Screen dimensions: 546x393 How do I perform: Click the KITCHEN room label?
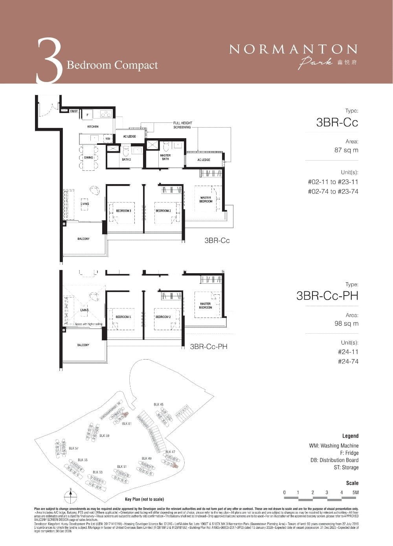93,126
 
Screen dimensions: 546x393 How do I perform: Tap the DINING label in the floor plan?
88,157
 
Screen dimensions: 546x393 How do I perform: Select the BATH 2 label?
126,159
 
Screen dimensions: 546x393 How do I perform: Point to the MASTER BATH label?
165,157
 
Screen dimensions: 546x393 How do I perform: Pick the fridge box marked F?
87,115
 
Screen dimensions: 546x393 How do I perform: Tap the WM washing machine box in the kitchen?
107,139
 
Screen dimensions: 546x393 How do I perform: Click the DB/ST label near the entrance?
73,111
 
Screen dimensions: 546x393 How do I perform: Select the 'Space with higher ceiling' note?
88,324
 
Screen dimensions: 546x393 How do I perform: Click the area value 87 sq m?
346,150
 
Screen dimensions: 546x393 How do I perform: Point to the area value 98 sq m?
346,324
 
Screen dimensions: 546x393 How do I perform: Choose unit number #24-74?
348,362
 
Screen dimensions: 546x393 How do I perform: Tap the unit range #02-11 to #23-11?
333,182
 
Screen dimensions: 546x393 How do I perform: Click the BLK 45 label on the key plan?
158,404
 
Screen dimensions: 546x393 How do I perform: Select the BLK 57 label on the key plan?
73,448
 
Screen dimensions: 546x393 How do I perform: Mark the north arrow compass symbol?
70,496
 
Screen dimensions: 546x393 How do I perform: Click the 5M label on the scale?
355,493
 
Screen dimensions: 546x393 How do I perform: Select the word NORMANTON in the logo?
293,49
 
